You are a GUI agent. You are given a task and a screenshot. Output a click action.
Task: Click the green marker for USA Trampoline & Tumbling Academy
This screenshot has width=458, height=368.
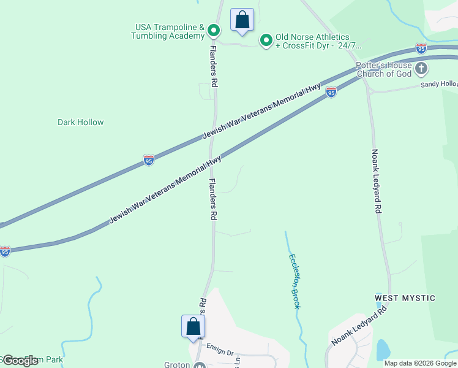213,29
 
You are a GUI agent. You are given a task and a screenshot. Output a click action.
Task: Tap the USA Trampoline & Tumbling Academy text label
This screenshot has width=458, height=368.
168,31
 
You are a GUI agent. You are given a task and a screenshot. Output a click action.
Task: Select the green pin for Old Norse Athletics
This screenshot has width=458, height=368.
266,40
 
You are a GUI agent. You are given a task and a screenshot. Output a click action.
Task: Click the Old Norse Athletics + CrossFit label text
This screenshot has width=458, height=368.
318,41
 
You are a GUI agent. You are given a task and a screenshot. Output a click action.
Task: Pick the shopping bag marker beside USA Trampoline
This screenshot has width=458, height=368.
242,20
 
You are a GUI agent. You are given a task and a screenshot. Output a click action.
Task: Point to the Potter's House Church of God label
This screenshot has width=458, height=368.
384,69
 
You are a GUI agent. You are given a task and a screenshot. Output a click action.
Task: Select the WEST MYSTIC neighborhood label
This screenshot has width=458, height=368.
405,298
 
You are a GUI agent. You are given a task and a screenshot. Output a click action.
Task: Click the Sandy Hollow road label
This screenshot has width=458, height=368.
440,84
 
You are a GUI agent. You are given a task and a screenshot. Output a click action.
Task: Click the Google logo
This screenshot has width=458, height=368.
20,361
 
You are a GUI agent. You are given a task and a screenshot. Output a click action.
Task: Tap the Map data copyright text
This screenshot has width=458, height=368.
420,363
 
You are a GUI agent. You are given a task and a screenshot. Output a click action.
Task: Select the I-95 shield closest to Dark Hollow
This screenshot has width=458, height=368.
149,160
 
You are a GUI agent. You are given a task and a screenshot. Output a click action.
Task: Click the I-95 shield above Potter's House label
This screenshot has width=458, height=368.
421,48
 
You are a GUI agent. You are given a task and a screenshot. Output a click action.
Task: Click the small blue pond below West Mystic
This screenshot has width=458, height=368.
383,350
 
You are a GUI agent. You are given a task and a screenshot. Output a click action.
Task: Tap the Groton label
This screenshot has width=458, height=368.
177,364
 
